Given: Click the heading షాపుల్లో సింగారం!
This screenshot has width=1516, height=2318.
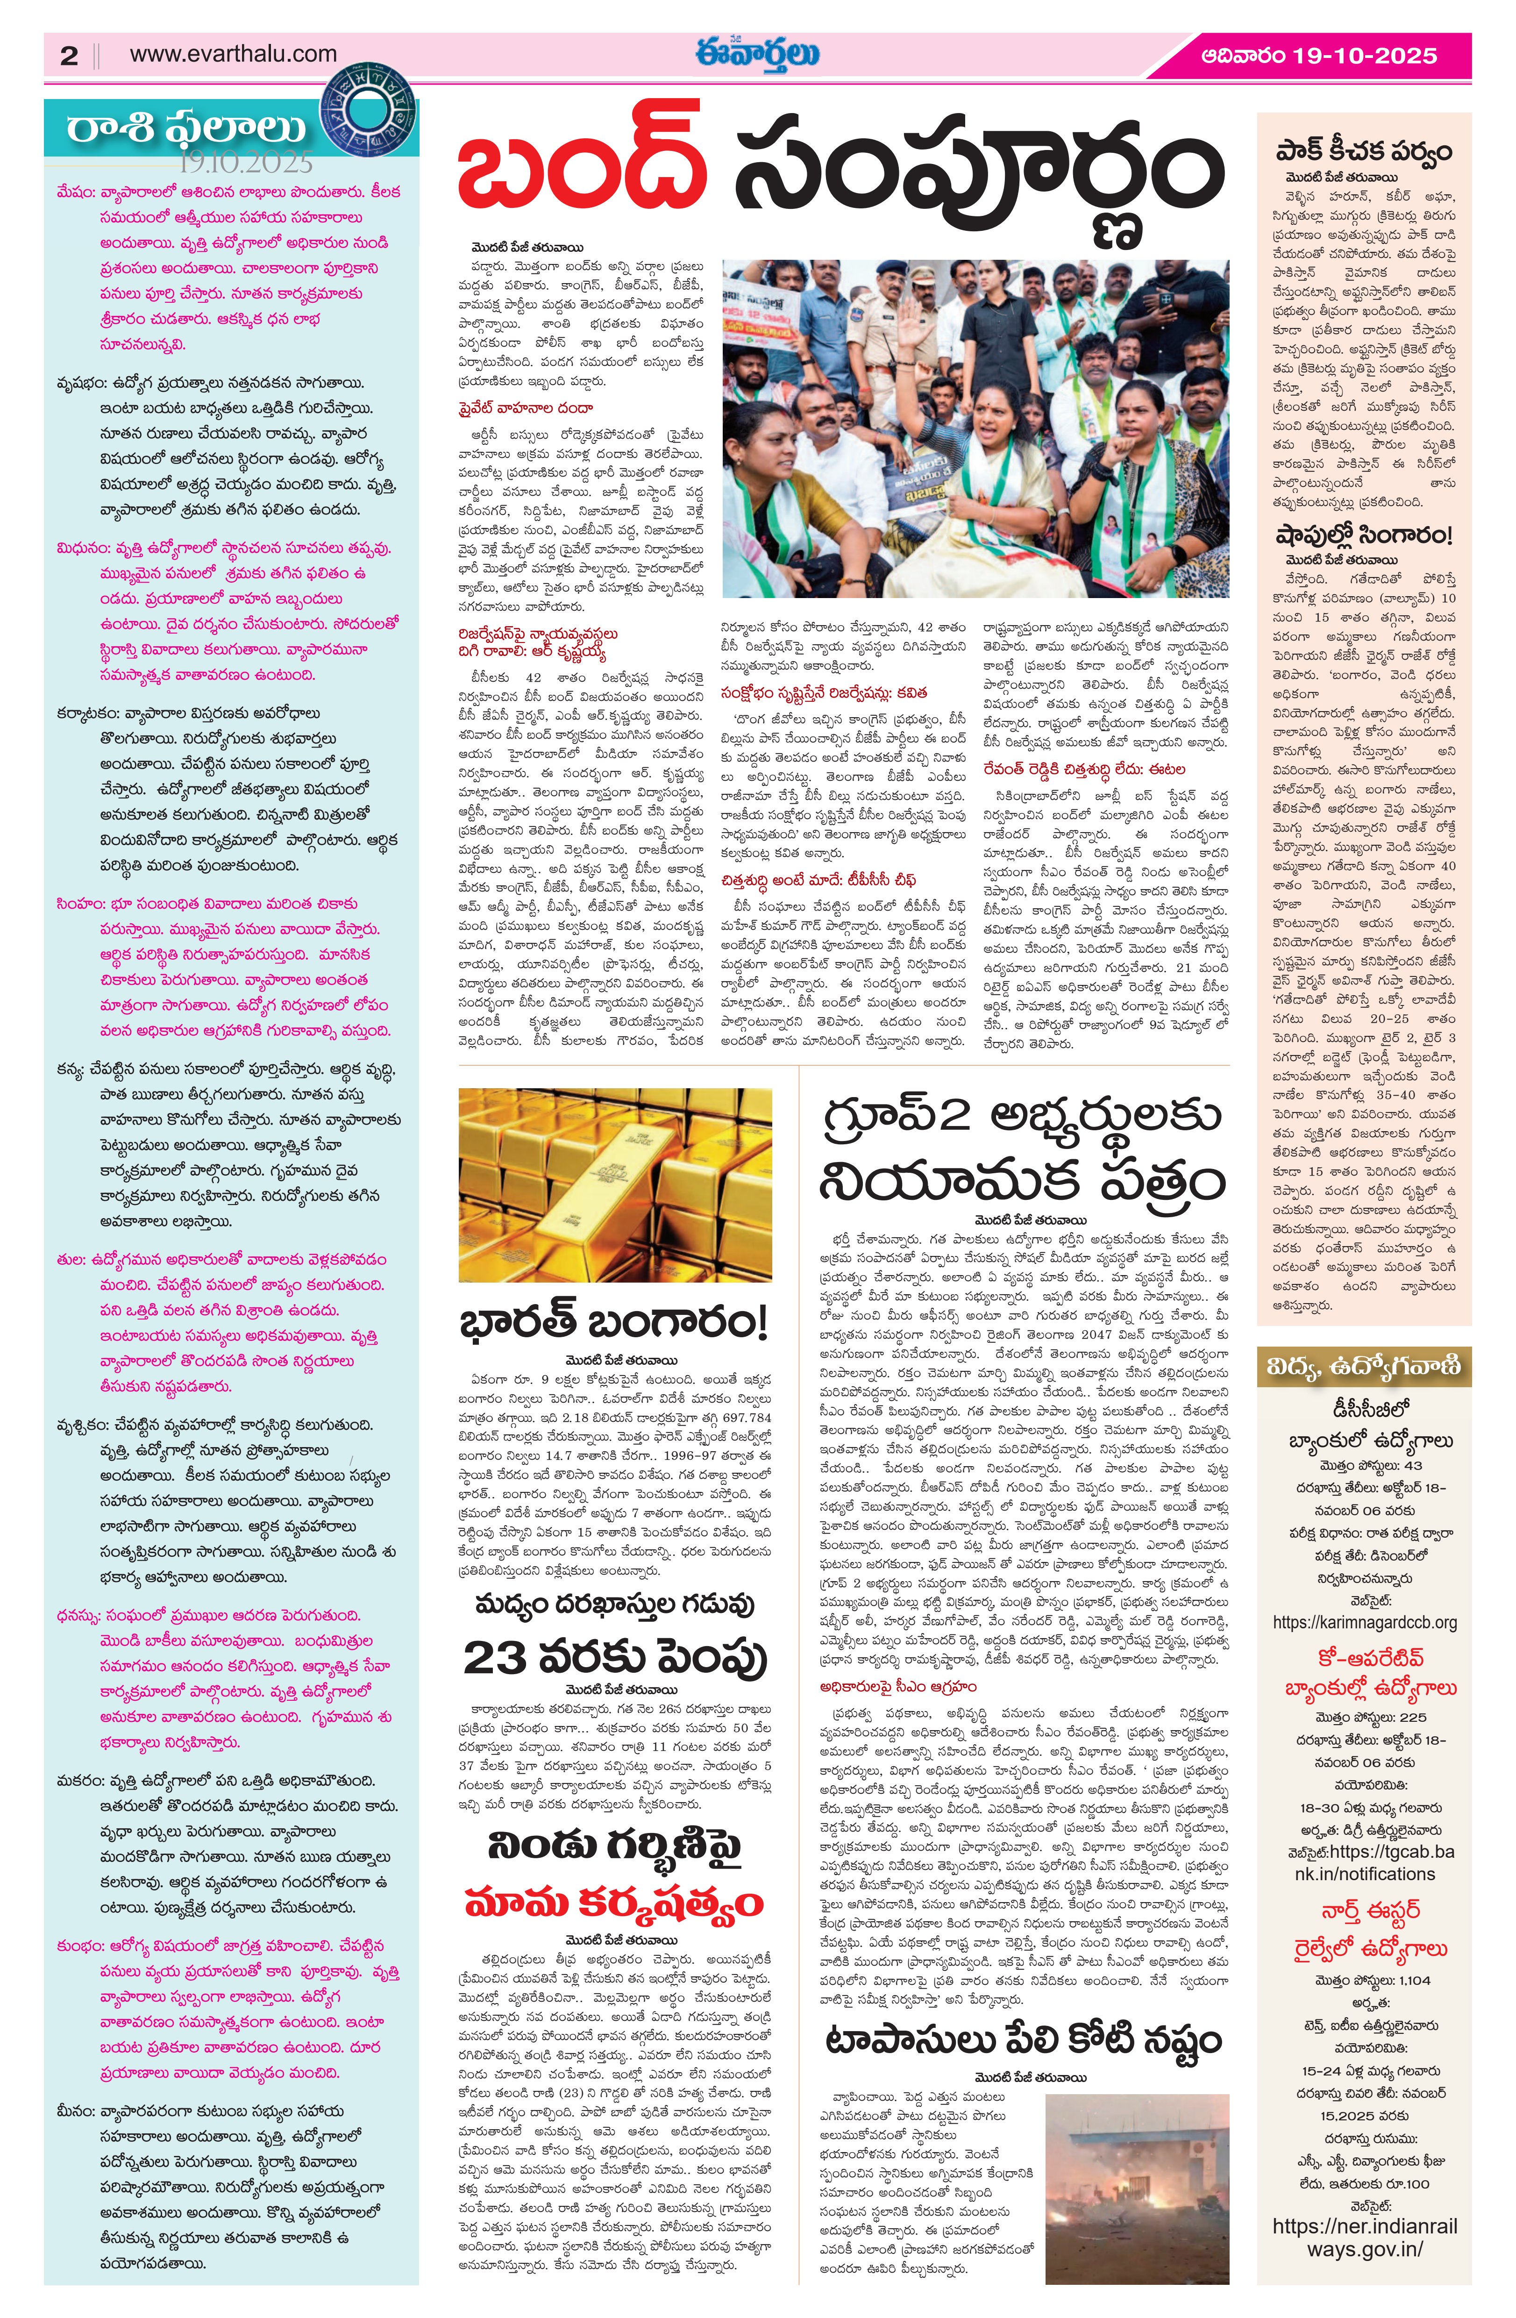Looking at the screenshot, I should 1363,535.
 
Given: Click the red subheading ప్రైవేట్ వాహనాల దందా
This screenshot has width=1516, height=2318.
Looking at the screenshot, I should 526,408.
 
